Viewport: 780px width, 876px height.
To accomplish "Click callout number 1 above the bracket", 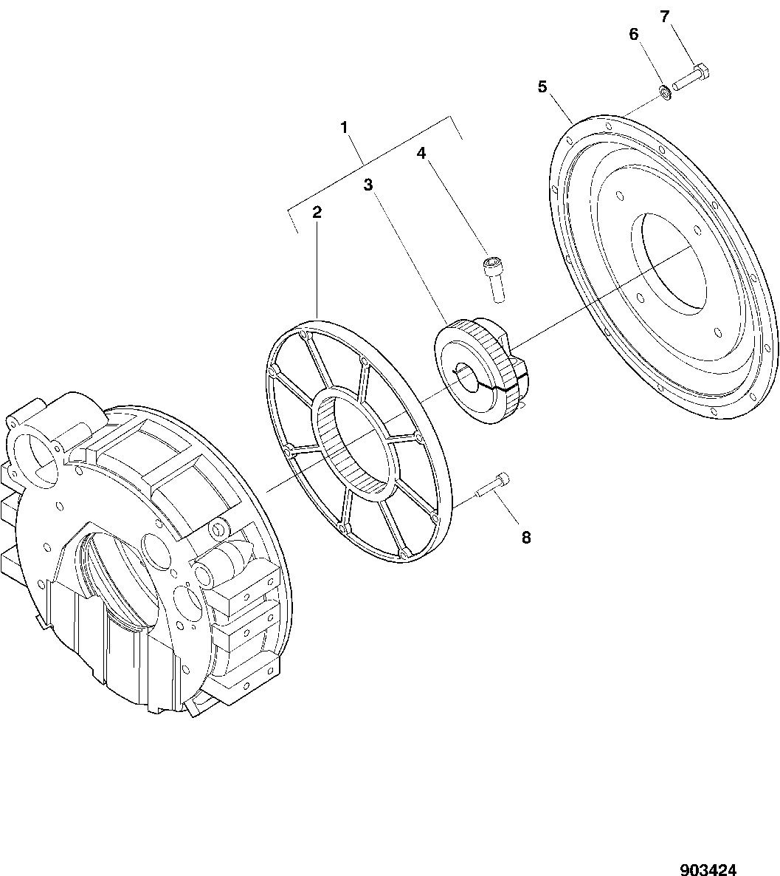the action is (345, 127).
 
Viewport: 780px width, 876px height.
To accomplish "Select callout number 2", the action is (317, 212).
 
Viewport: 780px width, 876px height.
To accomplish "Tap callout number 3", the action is (368, 185).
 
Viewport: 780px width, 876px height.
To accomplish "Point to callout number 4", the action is (421, 152).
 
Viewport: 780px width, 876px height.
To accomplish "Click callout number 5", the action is (542, 87).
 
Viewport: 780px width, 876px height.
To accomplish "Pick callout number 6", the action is (633, 34).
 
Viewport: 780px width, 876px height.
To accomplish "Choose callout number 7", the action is (664, 17).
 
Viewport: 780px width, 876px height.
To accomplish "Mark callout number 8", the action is (526, 538).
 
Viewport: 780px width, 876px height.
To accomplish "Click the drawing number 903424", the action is (708, 869).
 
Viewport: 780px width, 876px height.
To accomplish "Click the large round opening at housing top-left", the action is (33, 459).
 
